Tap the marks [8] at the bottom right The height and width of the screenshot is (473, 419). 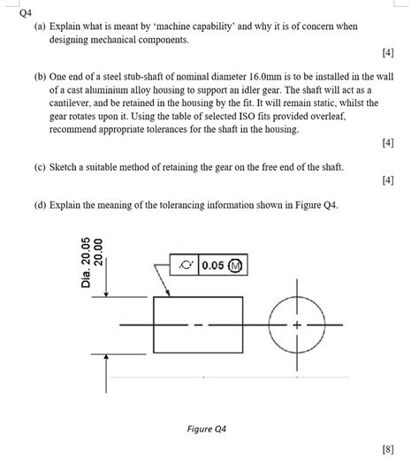tap(388, 450)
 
